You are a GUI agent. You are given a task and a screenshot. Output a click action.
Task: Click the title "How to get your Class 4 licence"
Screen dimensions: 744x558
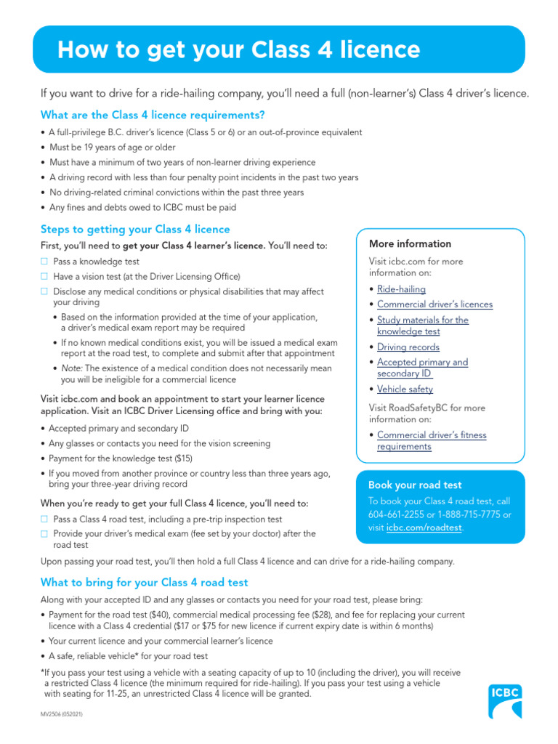click(x=238, y=49)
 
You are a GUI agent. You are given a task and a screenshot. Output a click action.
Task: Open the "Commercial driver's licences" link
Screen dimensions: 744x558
click(x=434, y=304)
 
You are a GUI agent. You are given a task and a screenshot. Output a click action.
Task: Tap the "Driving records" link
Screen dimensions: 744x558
click(x=408, y=347)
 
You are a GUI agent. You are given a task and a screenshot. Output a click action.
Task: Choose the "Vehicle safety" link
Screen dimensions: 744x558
click(x=405, y=389)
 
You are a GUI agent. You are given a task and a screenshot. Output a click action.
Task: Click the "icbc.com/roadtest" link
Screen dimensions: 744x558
click(x=424, y=527)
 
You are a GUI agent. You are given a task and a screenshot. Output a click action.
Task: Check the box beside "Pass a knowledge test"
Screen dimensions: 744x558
click(x=44, y=262)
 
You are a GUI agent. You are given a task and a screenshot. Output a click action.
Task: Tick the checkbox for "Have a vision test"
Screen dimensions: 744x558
click(x=44, y=277)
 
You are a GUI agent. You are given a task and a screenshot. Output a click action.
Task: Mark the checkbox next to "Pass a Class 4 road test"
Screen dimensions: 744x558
click(x=44, y=519)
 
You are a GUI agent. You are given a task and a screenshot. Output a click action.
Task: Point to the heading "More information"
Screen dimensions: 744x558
click(x=410, y=244)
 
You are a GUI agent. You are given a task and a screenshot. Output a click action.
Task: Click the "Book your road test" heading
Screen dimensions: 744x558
click(x=415, y=485)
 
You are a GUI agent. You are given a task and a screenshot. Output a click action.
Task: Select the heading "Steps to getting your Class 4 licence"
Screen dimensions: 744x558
click(x=135, y=230)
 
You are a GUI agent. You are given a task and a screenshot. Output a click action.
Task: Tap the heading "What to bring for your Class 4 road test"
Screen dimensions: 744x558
click(x=145, y=583)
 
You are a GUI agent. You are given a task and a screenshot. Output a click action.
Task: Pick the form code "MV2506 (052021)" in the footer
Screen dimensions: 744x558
click(x=62, y=716)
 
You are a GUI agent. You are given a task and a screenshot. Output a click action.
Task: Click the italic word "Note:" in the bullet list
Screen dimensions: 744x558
click(x=73, y=368)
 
